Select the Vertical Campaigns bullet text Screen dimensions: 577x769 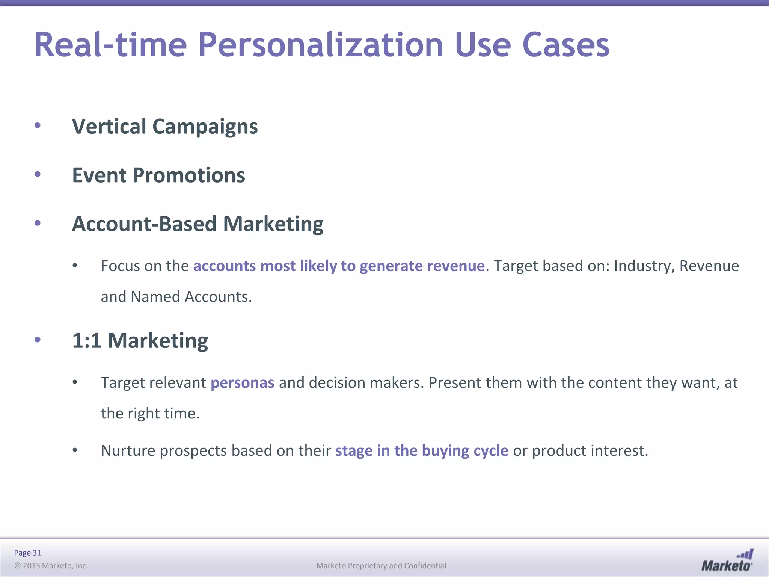[x=164, y=126]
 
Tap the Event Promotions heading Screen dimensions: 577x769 [x=158, y=175]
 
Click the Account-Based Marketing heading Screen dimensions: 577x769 [x=198, y=224]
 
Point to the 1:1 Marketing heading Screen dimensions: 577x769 [x=140, y=340]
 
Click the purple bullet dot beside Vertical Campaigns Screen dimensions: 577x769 [x=38, y=125]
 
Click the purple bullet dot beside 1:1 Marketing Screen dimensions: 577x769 [x=38, y=340]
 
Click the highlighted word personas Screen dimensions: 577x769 [x=242, y=383]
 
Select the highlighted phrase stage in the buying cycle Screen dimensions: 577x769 [x=421, y=450]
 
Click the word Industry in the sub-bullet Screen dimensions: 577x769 [x=644, y=266]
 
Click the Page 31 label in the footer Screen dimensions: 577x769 [x=27, y=553]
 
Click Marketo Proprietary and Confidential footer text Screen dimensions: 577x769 [x=381, y=566]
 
